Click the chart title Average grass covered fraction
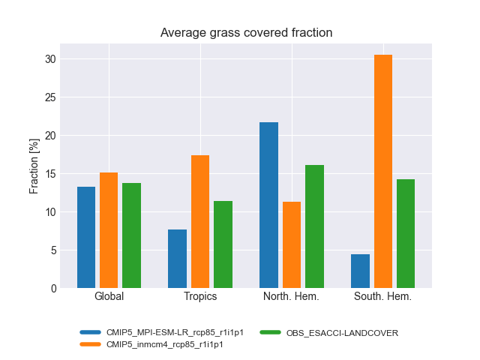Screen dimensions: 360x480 click(246, 33)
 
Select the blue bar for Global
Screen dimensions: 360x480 click(86, 237)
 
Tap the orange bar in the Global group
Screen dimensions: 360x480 click(109, 230)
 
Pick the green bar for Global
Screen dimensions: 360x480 click(131, 235)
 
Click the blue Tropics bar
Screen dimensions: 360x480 click(177, 259)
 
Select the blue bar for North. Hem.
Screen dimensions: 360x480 click(268, 205)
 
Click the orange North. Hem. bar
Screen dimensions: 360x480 click(291, 244)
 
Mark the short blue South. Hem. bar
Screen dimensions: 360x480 click(360, 271)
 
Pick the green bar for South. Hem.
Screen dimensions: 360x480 click(406, 233)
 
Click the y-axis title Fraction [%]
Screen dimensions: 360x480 click(34, 166)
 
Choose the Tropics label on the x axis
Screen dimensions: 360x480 click(200, 296)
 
